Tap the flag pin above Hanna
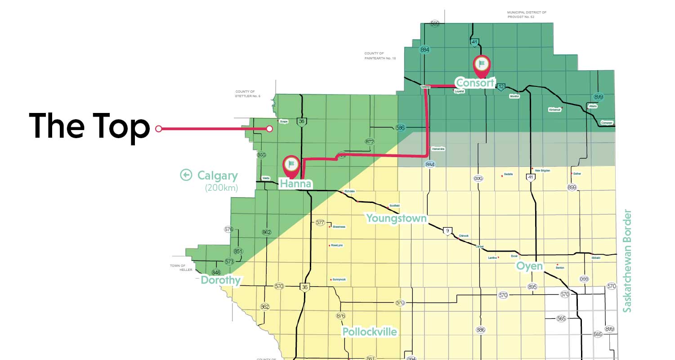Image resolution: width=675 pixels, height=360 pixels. click(x=291, y=165)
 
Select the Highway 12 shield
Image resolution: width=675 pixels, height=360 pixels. click(x=501, y=87)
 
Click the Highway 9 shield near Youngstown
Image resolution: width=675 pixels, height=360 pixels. click(x=447, y=231)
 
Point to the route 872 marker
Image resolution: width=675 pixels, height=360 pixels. click(x=370, y=142)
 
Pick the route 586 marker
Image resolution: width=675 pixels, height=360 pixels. click(x=401, y=127)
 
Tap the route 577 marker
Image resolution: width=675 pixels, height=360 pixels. click(x=320, y=223)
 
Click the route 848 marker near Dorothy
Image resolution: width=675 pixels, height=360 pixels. click(x=216, y=273)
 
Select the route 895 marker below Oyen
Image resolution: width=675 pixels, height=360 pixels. click(x=532, y=287)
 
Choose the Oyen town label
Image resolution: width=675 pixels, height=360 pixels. click(x=529, y=266)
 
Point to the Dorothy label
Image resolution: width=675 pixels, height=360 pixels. click(x=220, y=280)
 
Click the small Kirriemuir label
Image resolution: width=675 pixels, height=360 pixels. click(x=554, y=109)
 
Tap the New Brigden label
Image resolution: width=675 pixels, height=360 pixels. click(x=542, y=171)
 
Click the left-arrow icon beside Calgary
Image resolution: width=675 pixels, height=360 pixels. click(x=186, y=175)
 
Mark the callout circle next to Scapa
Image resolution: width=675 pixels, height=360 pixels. click(x=269, y=129)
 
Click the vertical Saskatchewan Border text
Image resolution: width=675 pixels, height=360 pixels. click(x=628, y=261)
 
